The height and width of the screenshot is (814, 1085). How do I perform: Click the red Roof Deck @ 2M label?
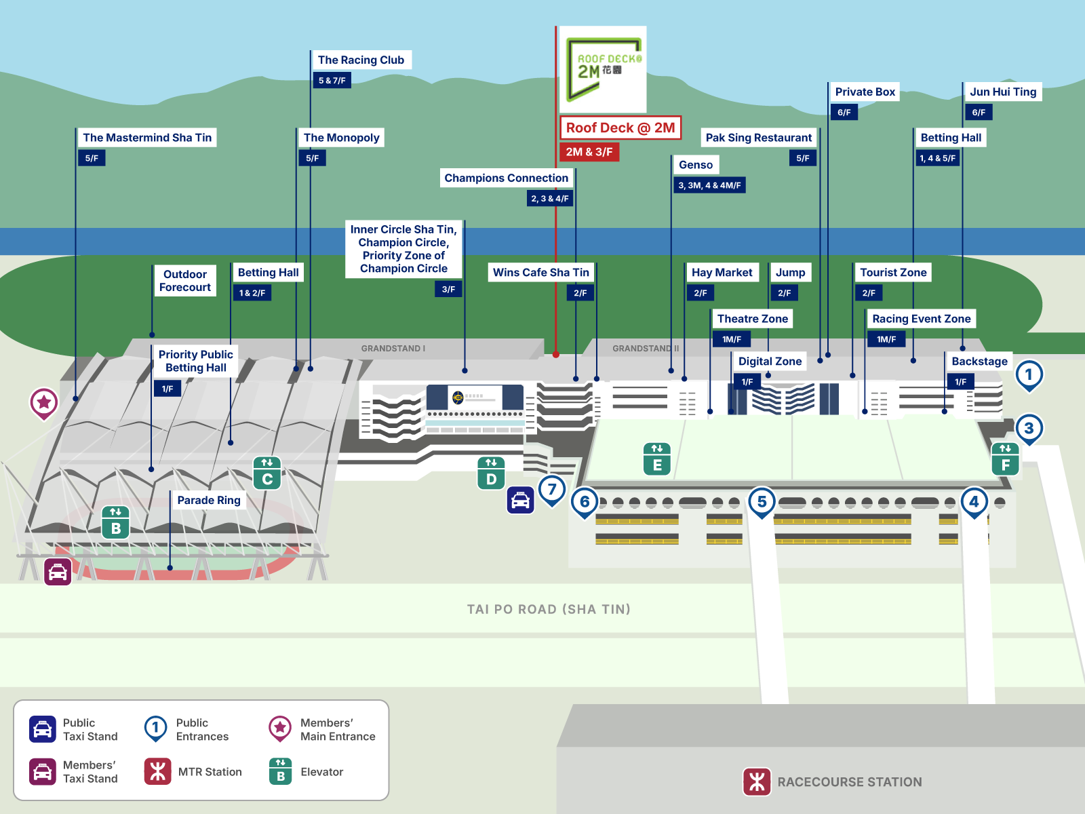point(620,128)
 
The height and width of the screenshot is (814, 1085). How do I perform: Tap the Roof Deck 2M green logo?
point(602,69)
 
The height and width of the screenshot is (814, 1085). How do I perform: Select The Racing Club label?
point(361,60)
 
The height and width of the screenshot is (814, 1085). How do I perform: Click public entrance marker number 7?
point(552,489)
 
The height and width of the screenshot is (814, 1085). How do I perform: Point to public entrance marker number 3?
point(1029,428)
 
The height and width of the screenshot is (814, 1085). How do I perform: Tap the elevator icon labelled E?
point(656,459)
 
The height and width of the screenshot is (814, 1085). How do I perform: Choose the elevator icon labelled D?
point(491,473)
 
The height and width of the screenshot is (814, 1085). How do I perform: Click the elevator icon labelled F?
point(1005,459)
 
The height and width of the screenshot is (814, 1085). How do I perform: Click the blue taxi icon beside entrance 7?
point(520,501)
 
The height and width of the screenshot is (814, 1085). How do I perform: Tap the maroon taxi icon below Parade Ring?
point(58,572)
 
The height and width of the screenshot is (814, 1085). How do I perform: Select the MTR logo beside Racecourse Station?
point(757,781)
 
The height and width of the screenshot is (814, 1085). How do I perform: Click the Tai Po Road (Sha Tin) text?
point(549,609)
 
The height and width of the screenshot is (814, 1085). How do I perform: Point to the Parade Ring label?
point(209,500)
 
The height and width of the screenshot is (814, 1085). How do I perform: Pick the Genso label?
point(696,165)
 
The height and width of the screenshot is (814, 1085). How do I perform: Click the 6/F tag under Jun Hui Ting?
point(979,113)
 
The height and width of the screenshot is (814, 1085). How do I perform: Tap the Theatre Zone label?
point(753,319)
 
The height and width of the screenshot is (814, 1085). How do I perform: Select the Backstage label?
point(979,362)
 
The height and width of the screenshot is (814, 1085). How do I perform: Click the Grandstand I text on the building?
point(393,349)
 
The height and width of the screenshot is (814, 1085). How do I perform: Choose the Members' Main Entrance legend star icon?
point(279,728)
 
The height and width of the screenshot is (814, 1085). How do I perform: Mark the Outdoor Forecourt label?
point(184,281)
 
